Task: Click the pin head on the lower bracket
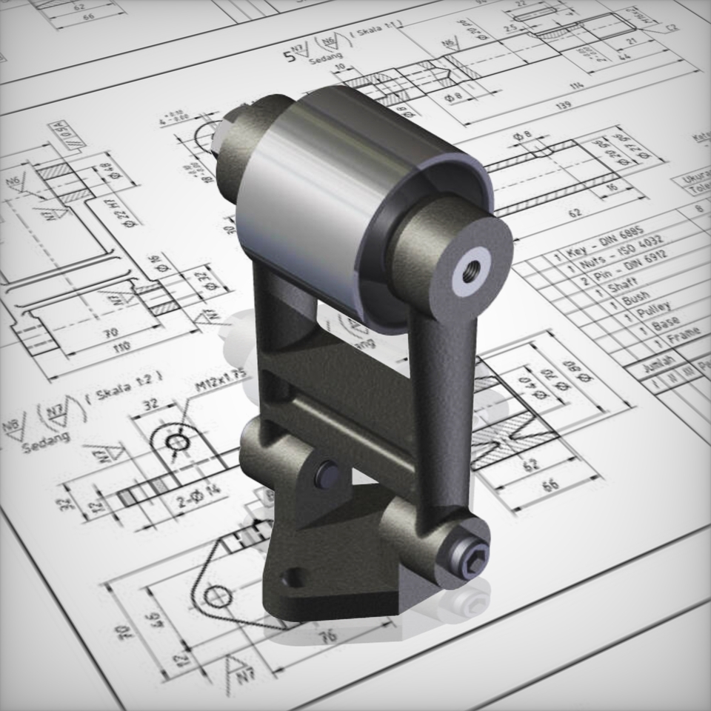tap(327, 474)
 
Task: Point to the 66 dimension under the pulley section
tap(550, 485)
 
